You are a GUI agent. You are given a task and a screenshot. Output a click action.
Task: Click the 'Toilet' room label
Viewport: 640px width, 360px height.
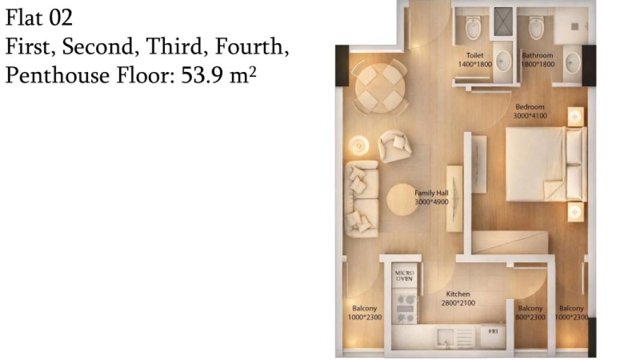[x=474, y=55]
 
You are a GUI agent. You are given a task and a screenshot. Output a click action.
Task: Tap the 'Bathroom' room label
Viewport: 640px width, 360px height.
[x=537, y=55]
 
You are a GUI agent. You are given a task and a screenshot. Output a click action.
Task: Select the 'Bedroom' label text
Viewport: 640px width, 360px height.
[x=530, y=107]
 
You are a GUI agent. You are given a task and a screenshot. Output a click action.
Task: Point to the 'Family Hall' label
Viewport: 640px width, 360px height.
[x=431, y=193]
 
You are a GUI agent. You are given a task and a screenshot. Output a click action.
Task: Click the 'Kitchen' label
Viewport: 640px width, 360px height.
[x=458, y=294]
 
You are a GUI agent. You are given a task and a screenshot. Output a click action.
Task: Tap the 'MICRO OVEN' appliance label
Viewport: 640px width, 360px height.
[x=404, y=275]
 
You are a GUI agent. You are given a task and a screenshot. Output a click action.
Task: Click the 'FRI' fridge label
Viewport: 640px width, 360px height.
[x=493, y=331]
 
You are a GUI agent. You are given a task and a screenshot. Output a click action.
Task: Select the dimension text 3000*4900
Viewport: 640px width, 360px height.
[x=431, y=202]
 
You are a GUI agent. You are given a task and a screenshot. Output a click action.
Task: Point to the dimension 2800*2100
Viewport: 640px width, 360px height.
[x=458, y=303]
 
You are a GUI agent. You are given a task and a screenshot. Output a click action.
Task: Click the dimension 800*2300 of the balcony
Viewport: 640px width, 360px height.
[x=530, y=317]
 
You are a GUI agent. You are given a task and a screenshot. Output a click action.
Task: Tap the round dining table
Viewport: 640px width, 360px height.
[x=380, y=88]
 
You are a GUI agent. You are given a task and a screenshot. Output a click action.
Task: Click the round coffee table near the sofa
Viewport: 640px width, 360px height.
[x=402, y=200]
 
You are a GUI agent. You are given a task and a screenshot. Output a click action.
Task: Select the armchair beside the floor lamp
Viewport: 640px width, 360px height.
[x=394, y=146]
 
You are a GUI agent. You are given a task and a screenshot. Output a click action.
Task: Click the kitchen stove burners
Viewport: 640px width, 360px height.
[x=404, y=309]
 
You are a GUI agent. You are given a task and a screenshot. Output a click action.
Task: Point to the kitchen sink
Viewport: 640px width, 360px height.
[x=445, y=337]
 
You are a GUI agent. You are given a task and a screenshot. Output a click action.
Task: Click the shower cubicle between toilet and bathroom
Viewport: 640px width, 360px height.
[x=503, y=22]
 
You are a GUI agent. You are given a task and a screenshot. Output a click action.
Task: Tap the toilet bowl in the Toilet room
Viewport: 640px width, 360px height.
[x=473, y=28]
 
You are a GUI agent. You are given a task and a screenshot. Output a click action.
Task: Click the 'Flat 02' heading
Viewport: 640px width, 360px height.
[x=39, y=17]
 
